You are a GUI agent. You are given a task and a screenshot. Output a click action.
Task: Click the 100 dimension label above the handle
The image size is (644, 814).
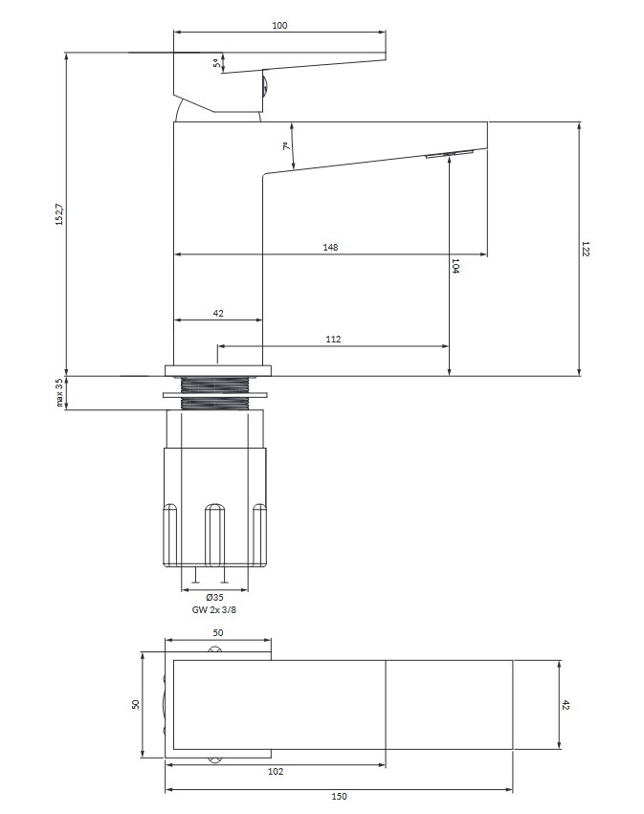[x=279, y=25]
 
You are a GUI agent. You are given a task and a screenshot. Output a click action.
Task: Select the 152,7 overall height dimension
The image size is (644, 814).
[x=59, y=214]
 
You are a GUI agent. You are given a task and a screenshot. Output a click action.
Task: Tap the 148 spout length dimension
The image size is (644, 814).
[x=330, y=247]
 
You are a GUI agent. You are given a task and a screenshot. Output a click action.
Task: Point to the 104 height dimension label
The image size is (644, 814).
[x=455, y=266]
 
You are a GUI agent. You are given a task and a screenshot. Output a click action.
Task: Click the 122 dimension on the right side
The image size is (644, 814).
[x=586, y=248]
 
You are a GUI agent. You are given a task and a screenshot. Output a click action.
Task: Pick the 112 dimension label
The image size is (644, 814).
[x=333, y=339]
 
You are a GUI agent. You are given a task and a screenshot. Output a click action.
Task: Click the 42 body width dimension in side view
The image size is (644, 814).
[x=218, y=313]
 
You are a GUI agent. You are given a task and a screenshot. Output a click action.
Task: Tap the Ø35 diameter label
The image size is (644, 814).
[x=214, y=598]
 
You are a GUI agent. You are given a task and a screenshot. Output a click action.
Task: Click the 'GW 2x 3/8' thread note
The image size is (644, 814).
[x=214, y=610]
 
